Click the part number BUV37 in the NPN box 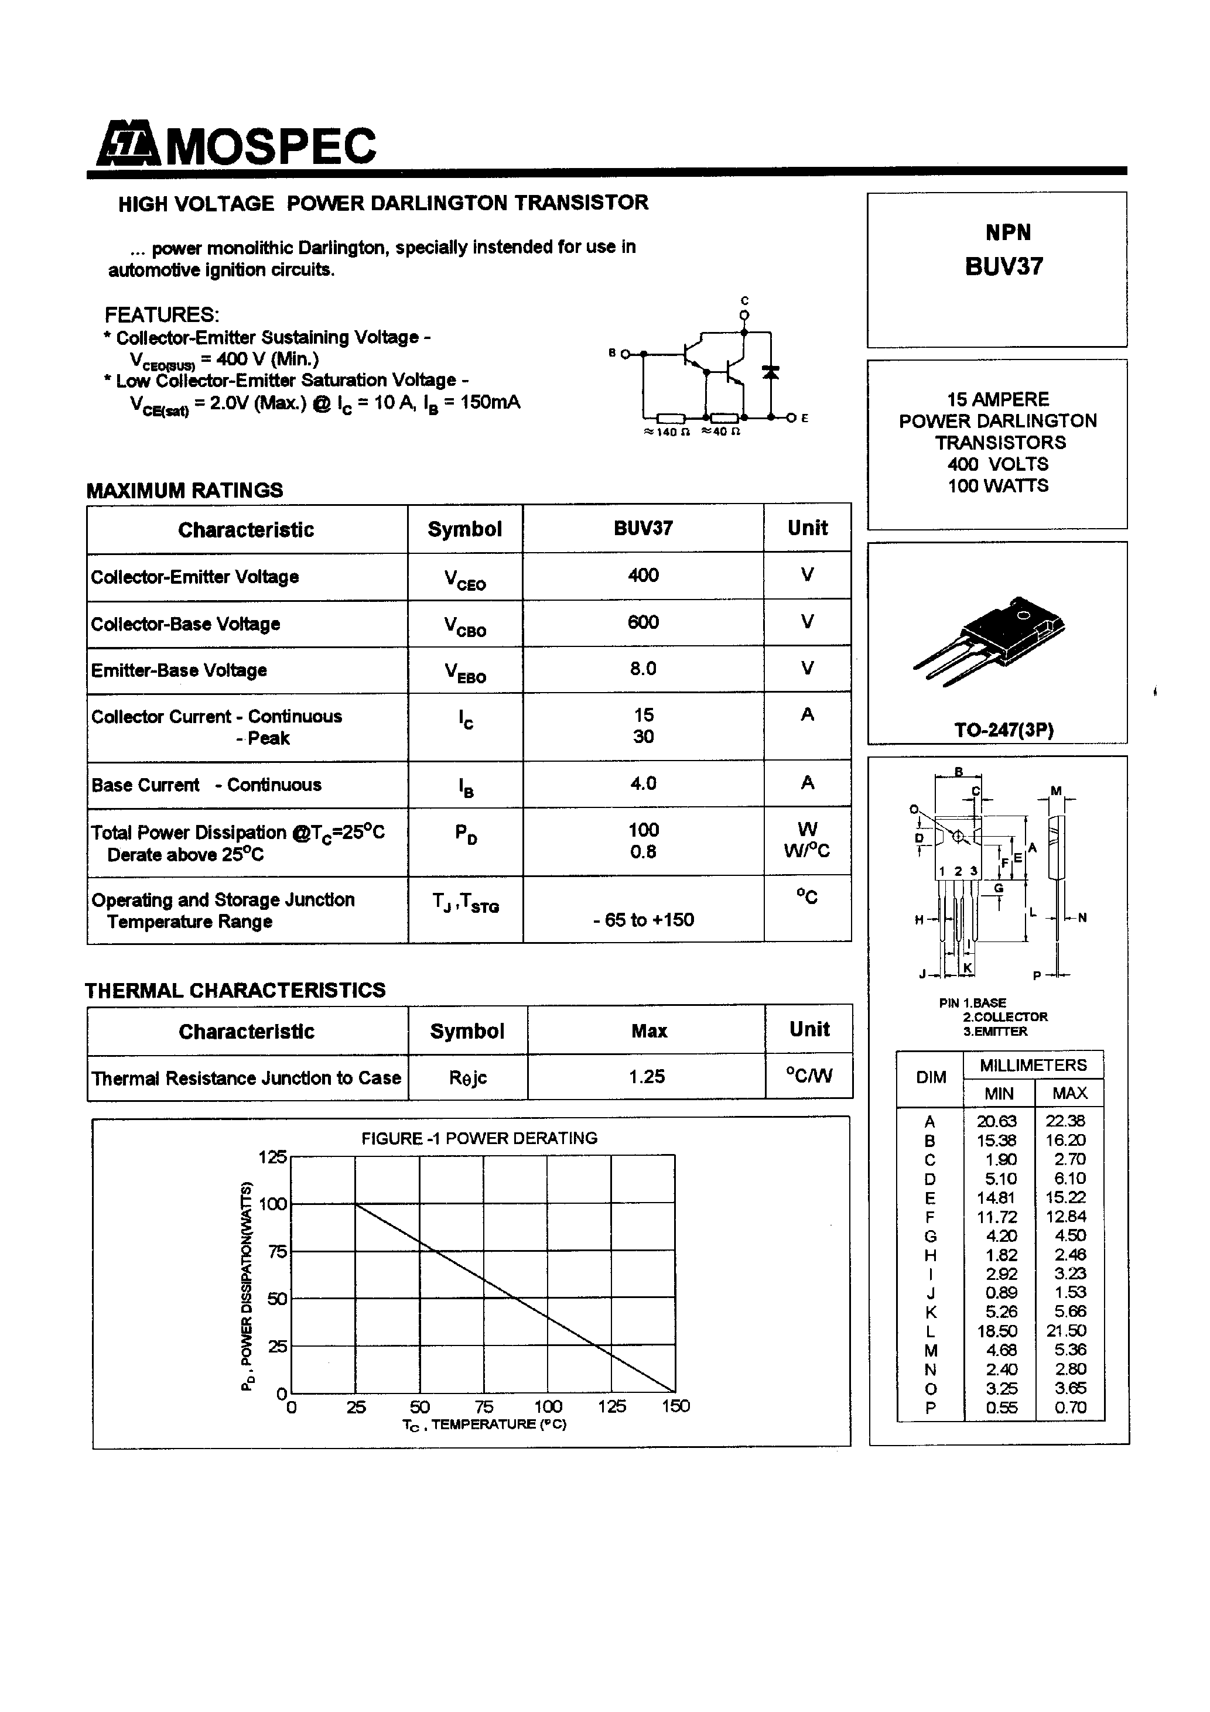coord(1003,267)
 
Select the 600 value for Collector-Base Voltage coord(642,622)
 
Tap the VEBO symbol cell coord(466,672)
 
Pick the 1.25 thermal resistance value coord(646,1077)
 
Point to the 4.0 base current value coord(643,783)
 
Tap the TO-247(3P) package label coord(1003,730)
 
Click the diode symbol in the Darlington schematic coord(771,371)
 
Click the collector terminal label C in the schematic coord(744,300)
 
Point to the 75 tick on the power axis coord(277,1252)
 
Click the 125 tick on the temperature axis coord(611,1406)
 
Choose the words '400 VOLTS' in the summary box coord(997,464)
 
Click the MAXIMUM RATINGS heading coord(184,491)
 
